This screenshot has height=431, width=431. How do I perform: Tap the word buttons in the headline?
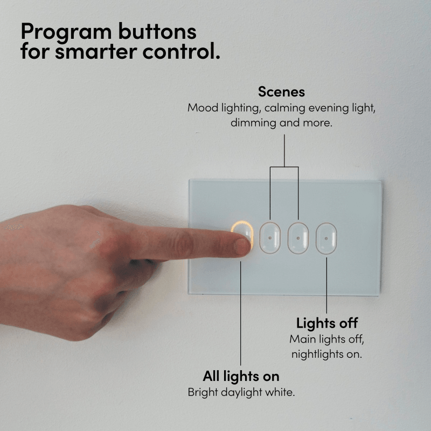tap(157, 31)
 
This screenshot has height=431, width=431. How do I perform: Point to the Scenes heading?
tap(281, 92)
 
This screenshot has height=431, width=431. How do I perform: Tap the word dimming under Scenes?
tap(253, 123)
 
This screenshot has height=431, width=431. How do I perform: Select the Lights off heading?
tap(327, 323)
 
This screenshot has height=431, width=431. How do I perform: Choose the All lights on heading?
tap(241, 376)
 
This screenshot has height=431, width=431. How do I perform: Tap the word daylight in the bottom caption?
tap(241, 393)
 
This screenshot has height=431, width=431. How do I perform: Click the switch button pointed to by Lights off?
tap(326, 238)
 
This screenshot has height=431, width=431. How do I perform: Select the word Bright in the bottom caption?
tap(203, 393)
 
